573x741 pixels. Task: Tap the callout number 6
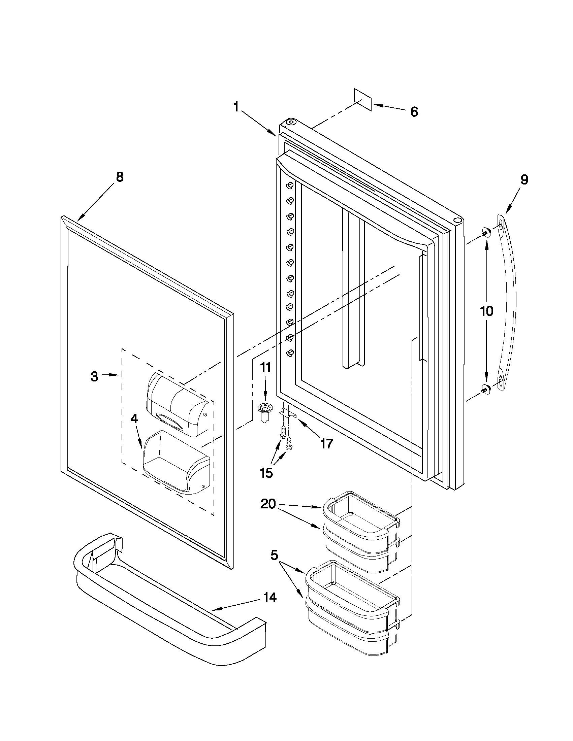click(414, 112)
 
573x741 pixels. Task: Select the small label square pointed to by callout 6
click(363, 100)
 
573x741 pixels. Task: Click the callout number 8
click(120, 177)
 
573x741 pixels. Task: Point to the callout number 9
click(524, 179)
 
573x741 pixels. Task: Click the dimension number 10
click(486, 311)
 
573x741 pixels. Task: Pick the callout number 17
click(326, 443)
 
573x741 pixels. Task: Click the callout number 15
click(266, 473)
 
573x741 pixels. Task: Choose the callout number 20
click(268, 514)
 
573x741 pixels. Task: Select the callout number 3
click(94, 376)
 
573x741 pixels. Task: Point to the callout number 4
click(134, 419)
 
